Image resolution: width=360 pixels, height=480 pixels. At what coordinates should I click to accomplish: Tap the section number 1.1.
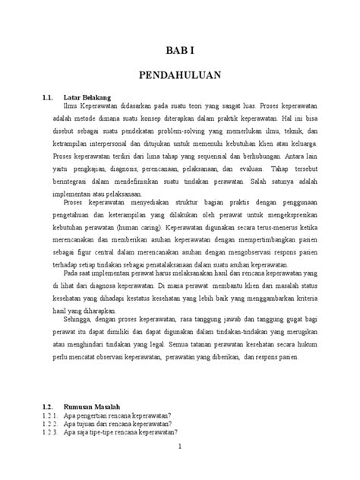click(x=49, y=98)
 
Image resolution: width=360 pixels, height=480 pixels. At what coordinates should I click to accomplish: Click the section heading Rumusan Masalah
click(x=93, y=406)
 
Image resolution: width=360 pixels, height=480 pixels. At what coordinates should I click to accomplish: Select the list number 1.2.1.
click(x=51, y=415)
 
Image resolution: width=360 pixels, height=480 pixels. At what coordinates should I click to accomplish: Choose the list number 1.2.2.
click(x=51, y=424)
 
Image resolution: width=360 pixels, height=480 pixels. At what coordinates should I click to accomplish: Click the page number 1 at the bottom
click(x=180, y=447)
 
